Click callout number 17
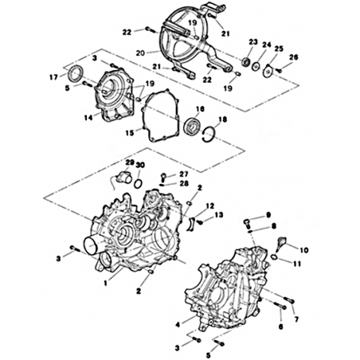click(x=53, y=77)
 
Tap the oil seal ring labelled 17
click(x=76, y=72)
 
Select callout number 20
click(x=140, y=53)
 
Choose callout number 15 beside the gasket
click(x=130, y=133)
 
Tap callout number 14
click(x=88, y=117)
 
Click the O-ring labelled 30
click(x=138, y=183)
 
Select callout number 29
click(x=130, y=162)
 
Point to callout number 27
click(x=184, y=174)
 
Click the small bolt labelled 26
click(x=279, y=70)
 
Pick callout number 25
click(x=279, y=49)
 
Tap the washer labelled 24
click(x=256, y=66)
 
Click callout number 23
click(x=253, y=42)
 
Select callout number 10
click(x=304, y=250)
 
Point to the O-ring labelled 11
click(x=274, y=256)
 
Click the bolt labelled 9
click(x=247, y=223)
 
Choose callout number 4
click(x=178, y=324)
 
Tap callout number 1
click(x=105, y=284)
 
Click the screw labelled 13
click(x=200, y=222)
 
